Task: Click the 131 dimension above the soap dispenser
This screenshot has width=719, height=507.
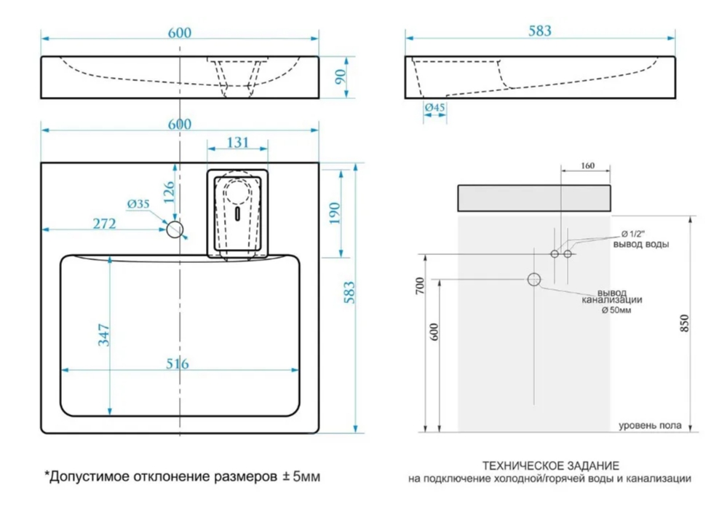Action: tap(237, 142)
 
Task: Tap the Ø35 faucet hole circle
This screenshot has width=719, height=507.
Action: tap(175, 229)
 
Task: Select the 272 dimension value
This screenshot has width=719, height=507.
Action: tap(104, 224)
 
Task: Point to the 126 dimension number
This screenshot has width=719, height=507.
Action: tap(169, 192)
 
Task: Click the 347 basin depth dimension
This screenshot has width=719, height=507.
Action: tap(103, 335)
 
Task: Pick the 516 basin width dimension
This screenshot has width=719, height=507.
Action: tap(177, 363)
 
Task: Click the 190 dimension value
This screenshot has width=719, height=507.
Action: tap(334, 213)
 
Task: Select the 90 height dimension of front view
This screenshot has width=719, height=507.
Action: tap(340, 76)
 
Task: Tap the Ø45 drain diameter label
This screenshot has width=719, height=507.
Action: tap(434, 107)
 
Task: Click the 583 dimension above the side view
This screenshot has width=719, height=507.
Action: tap(540, 31)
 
